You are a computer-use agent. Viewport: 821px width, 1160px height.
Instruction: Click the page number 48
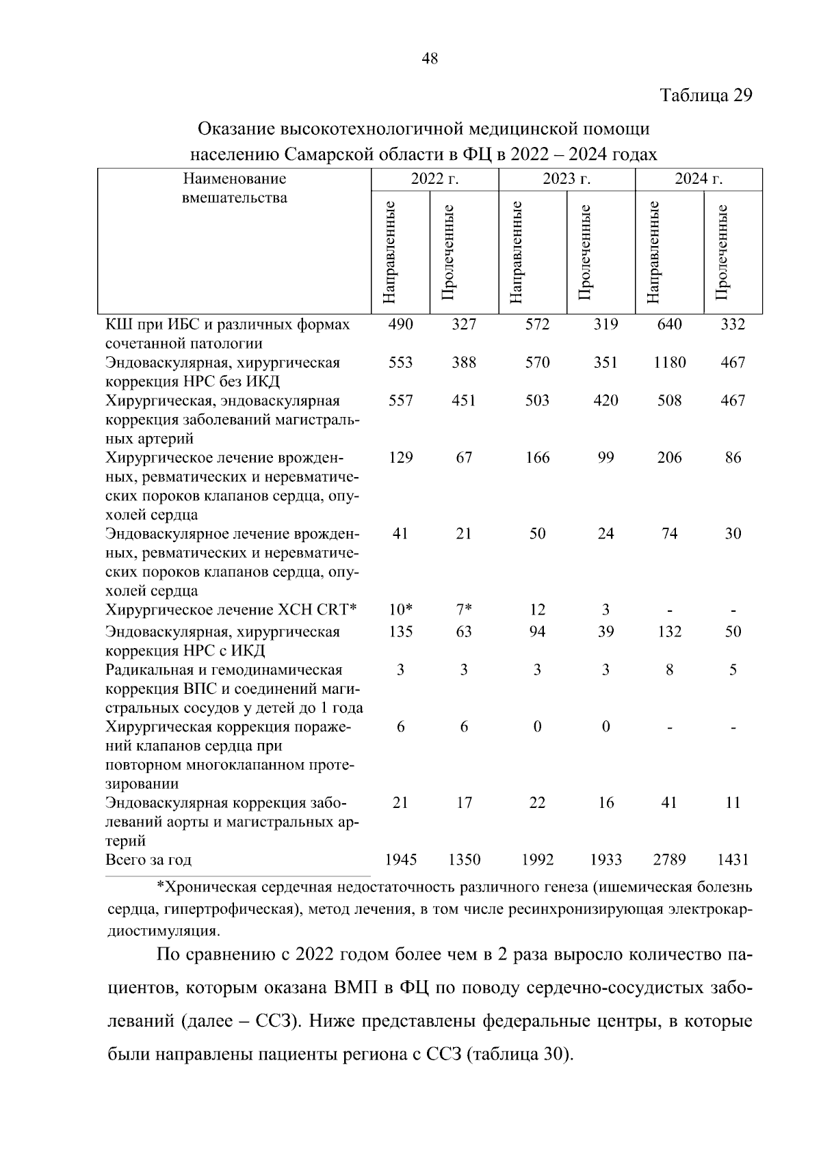430,59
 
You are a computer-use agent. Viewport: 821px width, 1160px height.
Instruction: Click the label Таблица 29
705,95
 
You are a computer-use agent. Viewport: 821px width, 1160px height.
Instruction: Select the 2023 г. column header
566,180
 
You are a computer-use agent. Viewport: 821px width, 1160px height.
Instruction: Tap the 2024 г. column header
698,180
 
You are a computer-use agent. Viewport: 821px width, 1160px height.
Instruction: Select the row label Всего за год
148,860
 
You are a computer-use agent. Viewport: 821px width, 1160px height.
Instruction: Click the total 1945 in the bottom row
400,860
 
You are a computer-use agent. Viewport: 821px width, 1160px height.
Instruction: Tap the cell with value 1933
605,860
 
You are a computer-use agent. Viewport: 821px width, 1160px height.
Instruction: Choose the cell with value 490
400,325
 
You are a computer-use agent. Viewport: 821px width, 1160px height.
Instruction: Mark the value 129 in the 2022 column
400,457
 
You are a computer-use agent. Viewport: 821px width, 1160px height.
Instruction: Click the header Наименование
234,180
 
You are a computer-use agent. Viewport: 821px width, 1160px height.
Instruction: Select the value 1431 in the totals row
733,860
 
